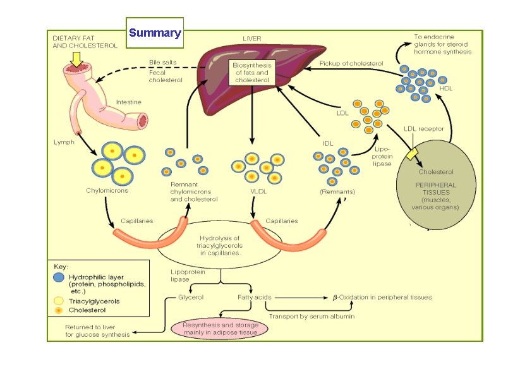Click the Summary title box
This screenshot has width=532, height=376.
[x=155, y=33]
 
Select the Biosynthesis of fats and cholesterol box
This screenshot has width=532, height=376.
[x=251, y=73]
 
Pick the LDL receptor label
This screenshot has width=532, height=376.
[x=423, y=129]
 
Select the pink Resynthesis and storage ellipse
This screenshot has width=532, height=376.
[x=220, y=327]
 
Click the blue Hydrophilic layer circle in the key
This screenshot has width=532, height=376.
[x=59, y=277]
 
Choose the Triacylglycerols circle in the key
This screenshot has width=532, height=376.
[x=59, y=301]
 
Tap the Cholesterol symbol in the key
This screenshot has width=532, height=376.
[x=59, y=310]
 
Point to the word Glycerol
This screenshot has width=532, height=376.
[x=190, y=296]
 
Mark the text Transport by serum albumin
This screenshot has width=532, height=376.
[x=311, y=315]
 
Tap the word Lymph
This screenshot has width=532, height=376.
[x=63, y=143]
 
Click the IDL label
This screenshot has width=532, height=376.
[x=328, y=143]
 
